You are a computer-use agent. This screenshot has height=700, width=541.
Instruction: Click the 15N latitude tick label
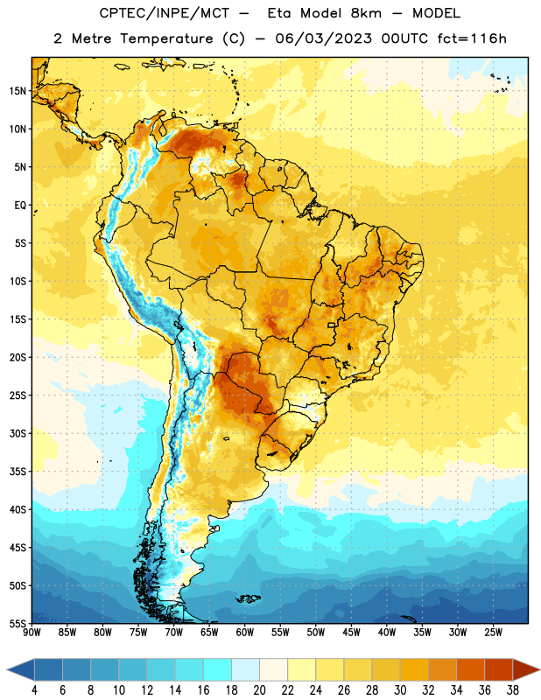(18, 91)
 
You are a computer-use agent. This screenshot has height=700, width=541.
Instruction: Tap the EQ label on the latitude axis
(20, 206)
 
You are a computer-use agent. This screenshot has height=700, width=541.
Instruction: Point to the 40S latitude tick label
(18, 509)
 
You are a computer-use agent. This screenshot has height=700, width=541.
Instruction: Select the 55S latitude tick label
(18, 623)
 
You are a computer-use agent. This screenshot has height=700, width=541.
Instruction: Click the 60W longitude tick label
(245, 633)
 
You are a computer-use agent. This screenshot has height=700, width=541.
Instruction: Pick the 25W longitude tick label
(493, 633)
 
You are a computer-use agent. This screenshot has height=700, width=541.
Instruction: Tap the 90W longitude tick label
(32, 633)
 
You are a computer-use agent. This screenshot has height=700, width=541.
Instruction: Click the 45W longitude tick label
(351, 633)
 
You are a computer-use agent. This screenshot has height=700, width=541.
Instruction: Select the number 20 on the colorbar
(259, 690)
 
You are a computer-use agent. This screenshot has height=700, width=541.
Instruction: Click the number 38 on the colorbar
(513, 690)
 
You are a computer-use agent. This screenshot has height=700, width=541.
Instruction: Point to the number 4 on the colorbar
(34, 690)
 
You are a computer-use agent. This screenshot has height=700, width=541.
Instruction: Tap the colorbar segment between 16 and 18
(217, 669)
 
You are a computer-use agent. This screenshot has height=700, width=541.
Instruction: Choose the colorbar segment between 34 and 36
(470, 669)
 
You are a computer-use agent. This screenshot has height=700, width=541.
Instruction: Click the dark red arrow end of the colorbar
(525, 669)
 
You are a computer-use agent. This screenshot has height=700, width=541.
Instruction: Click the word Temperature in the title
(166, 38)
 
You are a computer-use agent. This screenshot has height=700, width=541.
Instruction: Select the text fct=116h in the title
(472, 38)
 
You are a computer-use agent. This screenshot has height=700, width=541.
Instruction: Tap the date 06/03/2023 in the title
(323, 38)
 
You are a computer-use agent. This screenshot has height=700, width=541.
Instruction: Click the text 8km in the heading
(366, 13)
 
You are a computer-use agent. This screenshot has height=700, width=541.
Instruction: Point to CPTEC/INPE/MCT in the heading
(164, 13)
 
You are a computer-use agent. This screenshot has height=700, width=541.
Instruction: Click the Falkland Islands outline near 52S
(249, 598)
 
